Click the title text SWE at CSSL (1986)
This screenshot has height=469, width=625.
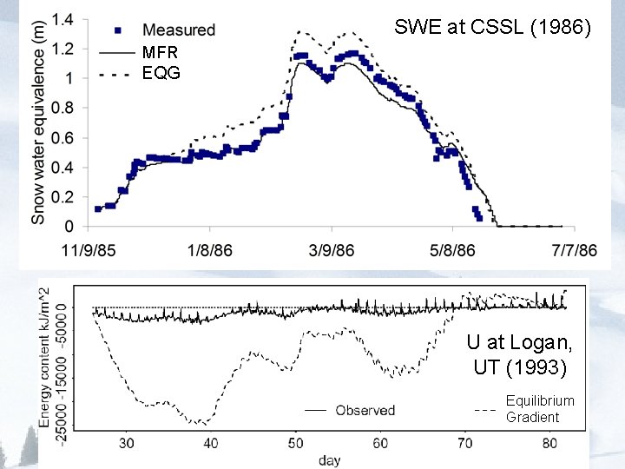pyautogui.click(x=492, y=27)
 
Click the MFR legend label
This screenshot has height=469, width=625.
pyautogui.click(x=160, y=53)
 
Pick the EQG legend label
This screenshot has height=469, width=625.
pyautogui.click(x=161, y=74)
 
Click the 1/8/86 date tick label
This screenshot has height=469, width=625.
pyautogui.click(x=209, y=251)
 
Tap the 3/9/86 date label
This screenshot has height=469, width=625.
pyautogui.click(x=330, y=251)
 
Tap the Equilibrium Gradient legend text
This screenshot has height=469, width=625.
pyautogui.click(x=540, y=408)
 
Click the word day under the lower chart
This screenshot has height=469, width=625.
pyautogui.click(x=328, y=459)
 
